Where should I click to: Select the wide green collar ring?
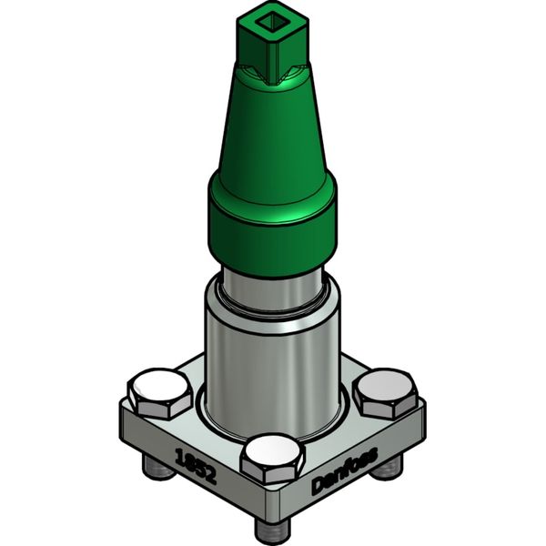[271, 218]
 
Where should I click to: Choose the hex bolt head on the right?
[383, 389]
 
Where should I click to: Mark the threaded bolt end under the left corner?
[155, 469]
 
